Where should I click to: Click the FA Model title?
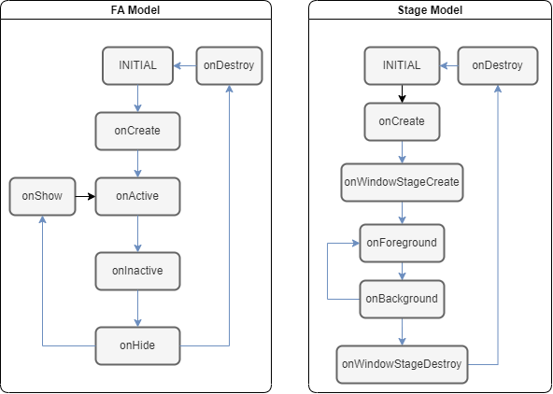(x=135, y=10)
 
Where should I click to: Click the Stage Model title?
(x=430, y=10)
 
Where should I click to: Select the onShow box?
(x=42, y=196)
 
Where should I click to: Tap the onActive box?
(x=137, y=196)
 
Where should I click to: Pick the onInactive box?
(x=137, y=271)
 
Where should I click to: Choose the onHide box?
(x=137, y=345)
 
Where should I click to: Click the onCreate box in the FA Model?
(x=137, y=131)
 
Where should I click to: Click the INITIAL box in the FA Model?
(x=137, y=65)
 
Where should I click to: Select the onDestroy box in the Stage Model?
(x=498, y=65)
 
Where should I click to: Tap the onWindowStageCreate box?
(x=402, y=182)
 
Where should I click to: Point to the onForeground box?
(x=402, y=243)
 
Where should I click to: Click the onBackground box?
(x=402, y=299)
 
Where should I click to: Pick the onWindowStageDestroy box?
(x=402, y=364)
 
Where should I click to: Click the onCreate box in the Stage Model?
(x=402, y=121)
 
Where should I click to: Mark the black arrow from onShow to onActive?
(x=85, y=196)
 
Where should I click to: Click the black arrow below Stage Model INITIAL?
(x=402, y=93)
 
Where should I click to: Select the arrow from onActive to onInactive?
(x=137, y=233)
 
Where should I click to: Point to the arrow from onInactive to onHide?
(x=137, y=308)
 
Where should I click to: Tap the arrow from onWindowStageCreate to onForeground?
(x=402, y=213)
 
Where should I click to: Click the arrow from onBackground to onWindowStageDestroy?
(x=402, y=331)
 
